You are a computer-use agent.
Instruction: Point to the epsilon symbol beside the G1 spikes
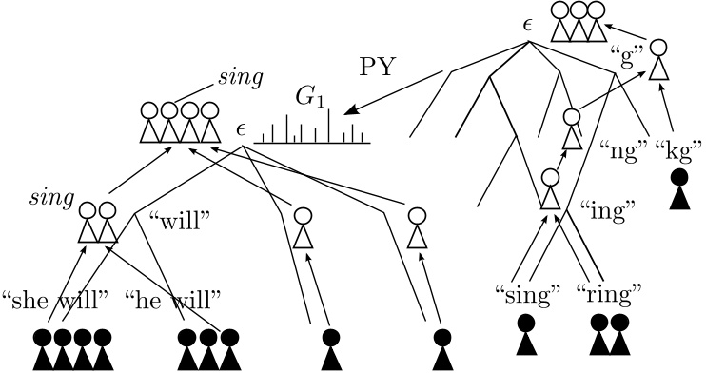[242, 130]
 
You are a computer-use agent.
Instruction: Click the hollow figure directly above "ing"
[550, 188]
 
